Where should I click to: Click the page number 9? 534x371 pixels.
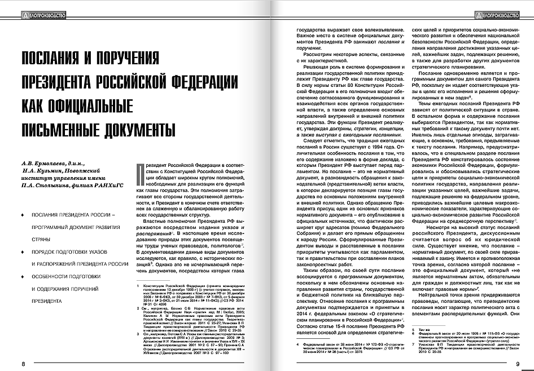(x=517, y=363)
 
